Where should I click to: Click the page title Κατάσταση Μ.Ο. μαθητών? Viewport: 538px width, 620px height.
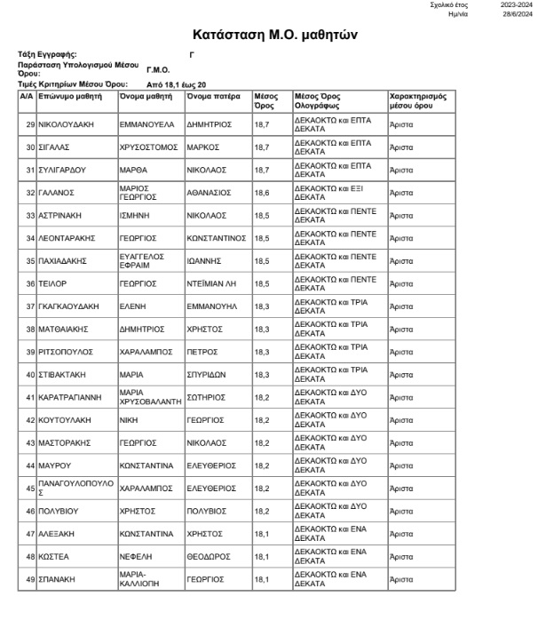tap(268, 35)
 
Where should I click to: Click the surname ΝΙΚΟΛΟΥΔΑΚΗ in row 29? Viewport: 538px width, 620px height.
tap(70, 125)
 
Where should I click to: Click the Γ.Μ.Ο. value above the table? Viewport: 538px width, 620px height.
tap(157, 68)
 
